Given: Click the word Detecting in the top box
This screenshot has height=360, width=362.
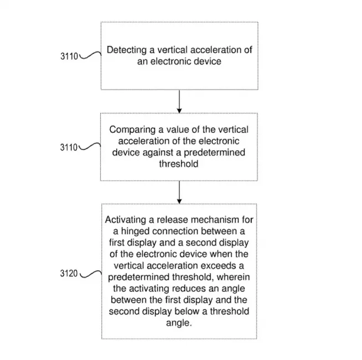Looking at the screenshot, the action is [127, 50].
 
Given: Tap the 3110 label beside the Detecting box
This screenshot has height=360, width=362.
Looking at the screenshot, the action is [69, 56].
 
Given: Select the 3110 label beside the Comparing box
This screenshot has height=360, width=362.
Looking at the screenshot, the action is [69, 147].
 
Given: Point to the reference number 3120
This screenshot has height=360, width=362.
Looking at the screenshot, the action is [69, 274].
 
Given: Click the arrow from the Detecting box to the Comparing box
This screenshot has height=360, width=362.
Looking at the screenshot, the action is [179, 101].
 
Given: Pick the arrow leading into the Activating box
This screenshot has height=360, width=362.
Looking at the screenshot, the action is [179, 192].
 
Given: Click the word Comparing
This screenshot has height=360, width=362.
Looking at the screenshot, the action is [132, 130].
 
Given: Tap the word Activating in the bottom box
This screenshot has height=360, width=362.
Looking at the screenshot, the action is [126, 219].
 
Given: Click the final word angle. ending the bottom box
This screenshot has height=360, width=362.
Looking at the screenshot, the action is [179, 323].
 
